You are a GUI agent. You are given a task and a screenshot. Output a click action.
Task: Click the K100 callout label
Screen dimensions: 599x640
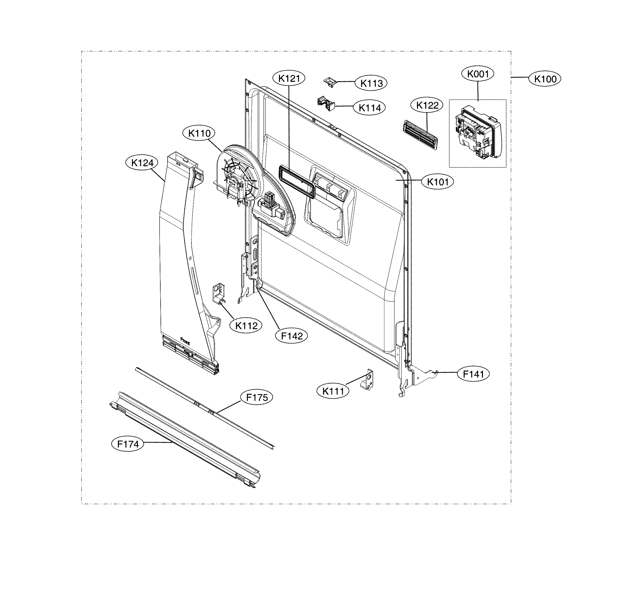(x=545, y=79)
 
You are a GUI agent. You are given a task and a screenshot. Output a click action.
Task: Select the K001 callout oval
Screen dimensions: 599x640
(x=478, y=74)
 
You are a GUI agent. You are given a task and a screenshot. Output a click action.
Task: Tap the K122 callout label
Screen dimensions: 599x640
(x=427, y=105)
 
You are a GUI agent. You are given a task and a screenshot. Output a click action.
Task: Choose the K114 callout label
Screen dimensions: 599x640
(x=370, y=108)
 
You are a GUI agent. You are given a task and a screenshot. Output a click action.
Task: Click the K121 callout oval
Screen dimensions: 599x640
(x=289, y=78)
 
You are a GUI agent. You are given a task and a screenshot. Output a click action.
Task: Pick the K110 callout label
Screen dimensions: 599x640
(x=199, y=133)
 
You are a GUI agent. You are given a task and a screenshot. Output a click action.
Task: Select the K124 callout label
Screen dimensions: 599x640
(x=142, y=163)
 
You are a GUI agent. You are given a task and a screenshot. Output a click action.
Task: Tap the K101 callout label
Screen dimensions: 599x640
(x=438, y=182)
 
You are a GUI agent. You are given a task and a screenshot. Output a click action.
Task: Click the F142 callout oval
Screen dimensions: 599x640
(x=292, y=336)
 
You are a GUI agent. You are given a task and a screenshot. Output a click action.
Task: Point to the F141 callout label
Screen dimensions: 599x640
(x=473, y=374)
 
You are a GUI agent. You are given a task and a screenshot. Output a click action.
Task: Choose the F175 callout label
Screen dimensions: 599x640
(x=257, y=398)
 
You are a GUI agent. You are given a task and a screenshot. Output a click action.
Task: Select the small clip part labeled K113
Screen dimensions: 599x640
(x=330, y=82)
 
